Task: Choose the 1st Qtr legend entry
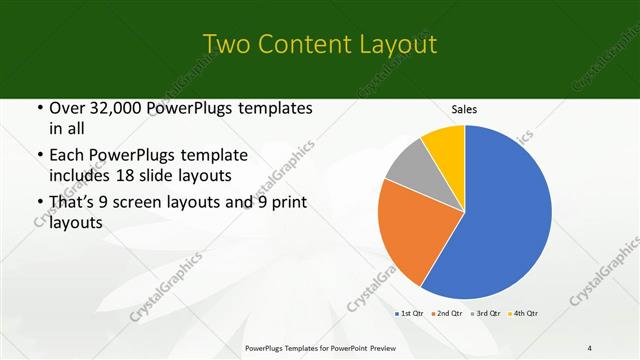click(x=409, y=314)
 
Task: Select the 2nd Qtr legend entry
click(x=447, y=314)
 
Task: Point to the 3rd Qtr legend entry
click(x=486, y=314)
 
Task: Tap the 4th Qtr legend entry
click(x=525, y=314)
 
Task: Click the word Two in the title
click(x=224, y=44)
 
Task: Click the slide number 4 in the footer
click(x=590, y=348)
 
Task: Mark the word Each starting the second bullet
click(x=66, y=155)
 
